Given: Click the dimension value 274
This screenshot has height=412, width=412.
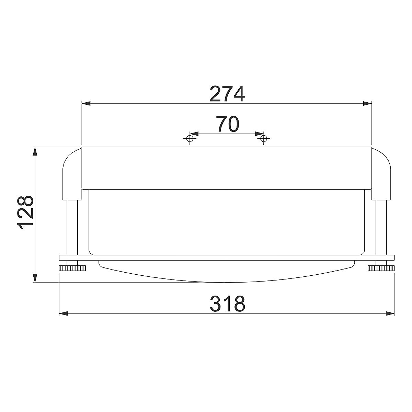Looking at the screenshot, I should tap(227, 94).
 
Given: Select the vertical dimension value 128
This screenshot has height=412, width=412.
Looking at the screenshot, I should tap(25, 213).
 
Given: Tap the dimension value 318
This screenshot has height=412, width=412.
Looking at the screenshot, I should tap(228, 304).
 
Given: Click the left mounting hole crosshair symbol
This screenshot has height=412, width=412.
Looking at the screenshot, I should tap(189, 139).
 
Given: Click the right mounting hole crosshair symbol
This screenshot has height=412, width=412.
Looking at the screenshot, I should tap(263, 139).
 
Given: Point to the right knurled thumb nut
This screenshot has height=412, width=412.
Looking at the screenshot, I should tap(381, 268).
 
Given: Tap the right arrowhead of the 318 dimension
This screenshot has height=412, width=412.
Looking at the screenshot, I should tap(390, 313).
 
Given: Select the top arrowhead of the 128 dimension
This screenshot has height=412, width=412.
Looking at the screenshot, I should tap(34, 151).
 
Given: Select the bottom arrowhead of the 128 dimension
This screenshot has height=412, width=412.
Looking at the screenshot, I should tap(34, 278).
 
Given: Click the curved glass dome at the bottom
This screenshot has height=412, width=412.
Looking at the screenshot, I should tap(227, 273).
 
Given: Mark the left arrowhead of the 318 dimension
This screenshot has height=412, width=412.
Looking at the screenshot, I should tap(64, 313).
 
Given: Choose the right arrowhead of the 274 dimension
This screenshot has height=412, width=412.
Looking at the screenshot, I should tap(367, 103).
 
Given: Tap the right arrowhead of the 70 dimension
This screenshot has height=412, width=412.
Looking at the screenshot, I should tap(259, 133).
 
